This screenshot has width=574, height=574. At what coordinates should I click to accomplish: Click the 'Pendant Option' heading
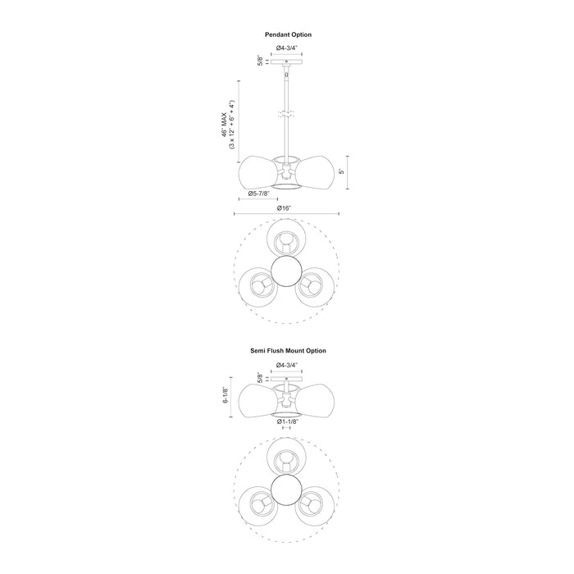pos(288,34)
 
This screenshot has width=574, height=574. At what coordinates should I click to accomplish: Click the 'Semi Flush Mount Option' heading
pos(288,351)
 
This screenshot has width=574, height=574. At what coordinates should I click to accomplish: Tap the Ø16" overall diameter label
pos(284,208)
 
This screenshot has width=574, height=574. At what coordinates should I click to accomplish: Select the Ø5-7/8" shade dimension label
pos(258,194)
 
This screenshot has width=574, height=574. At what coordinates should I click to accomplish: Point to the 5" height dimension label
pos(342,171)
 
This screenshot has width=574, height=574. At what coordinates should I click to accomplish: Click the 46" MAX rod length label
pos(224,125)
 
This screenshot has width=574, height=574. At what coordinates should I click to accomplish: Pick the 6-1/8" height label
pos(225,395)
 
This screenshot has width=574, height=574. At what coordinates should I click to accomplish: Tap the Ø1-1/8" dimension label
pos(288,421)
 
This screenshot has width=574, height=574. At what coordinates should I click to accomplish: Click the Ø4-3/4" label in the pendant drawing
pos(287,48)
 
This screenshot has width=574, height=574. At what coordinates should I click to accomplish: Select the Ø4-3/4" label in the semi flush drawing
pos(287,365)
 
